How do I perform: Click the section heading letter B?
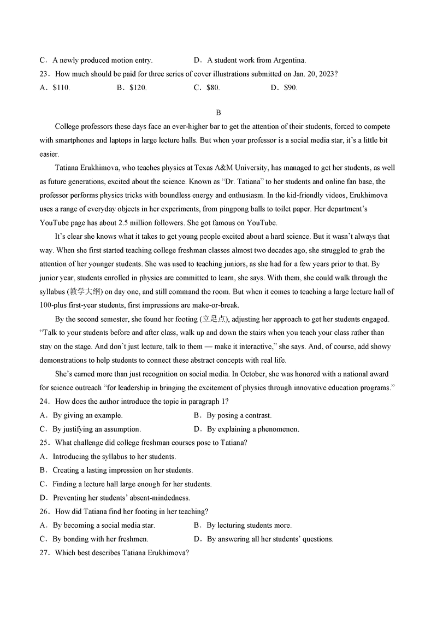218,113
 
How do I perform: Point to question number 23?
45,74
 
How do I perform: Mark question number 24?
45,402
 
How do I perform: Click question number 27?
45,552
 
